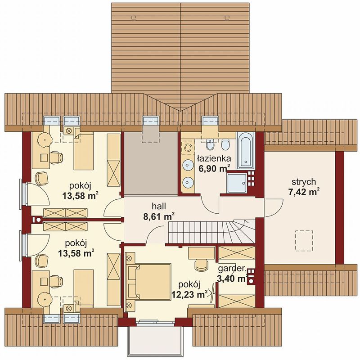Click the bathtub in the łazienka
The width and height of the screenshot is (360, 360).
[x=245, y=151]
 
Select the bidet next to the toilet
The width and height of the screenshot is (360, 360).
[x=209, y=144]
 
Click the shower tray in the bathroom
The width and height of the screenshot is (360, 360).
[x=236, y=183]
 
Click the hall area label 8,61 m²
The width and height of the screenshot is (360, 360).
[x=159, y=216]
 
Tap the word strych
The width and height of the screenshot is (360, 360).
[x=304, y=182]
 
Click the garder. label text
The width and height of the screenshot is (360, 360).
[x=232, y=268]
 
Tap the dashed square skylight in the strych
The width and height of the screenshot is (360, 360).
[x=304, y=240]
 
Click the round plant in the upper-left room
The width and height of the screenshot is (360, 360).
[x=45, y=139]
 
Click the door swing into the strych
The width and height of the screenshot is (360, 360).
[x=274, y=208]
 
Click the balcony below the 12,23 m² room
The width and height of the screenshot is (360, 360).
[x=154, y=339]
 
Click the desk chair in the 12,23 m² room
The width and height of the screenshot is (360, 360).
[x=201, y=265]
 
